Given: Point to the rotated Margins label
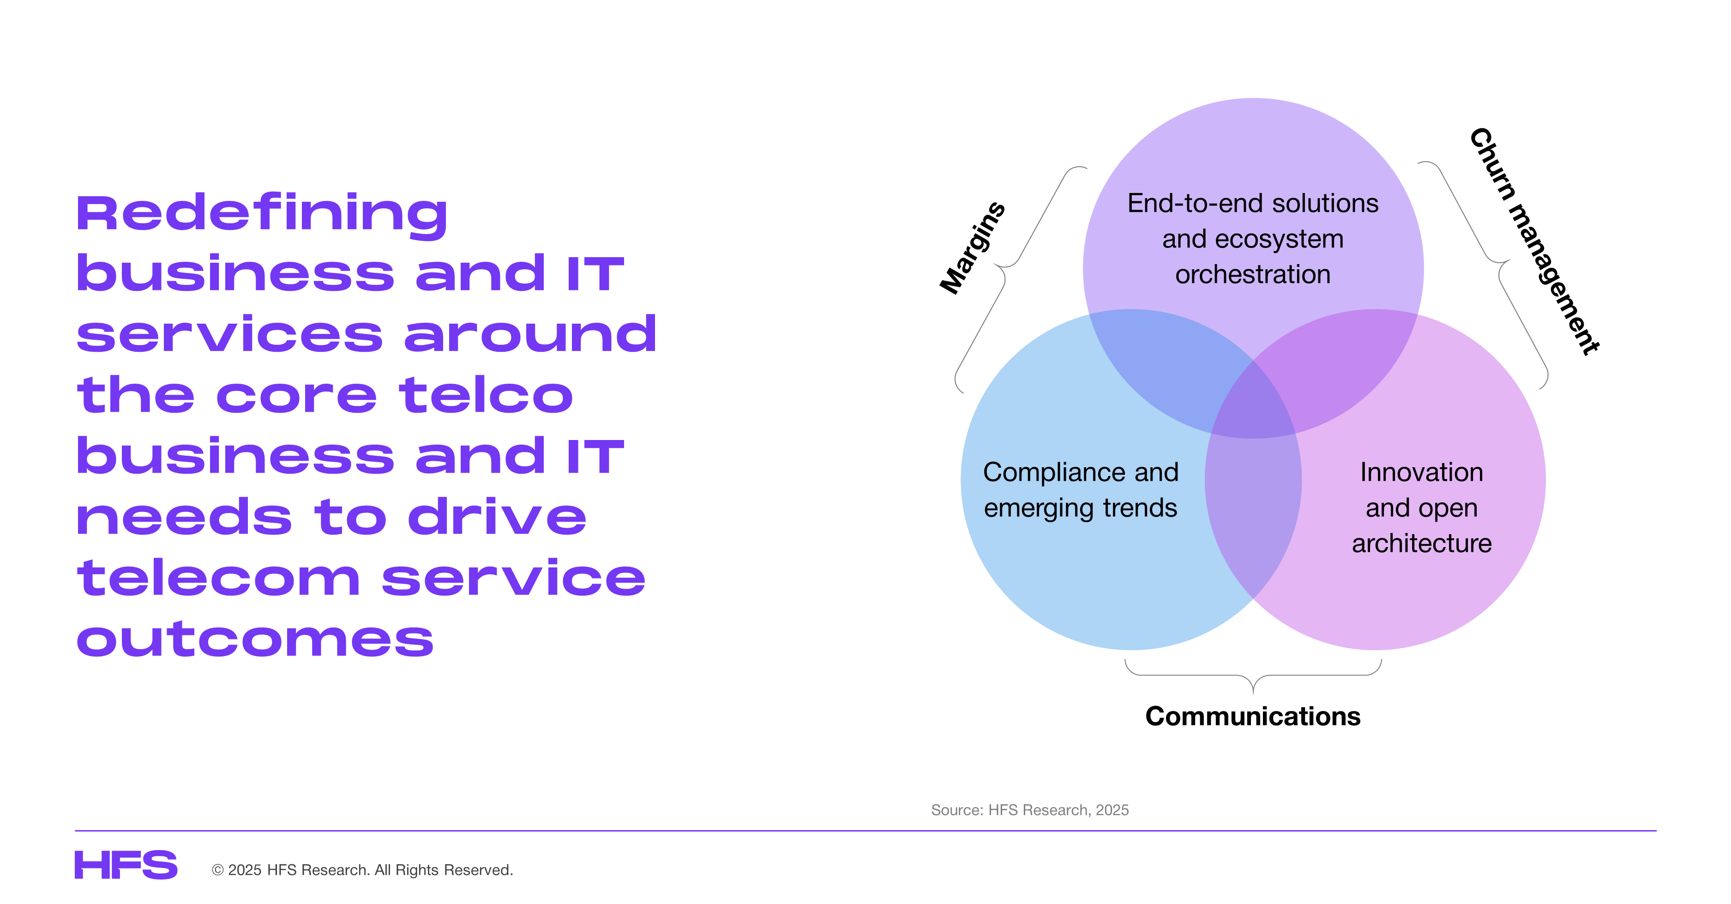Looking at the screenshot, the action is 972,248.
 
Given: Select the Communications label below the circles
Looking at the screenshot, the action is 1253,717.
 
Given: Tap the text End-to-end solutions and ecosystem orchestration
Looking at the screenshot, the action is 1253,239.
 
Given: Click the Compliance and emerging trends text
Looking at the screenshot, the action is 1081,490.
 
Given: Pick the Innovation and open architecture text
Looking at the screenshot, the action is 1421,507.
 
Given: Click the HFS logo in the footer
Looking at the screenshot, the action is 126,865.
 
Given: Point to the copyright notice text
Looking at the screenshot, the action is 362,870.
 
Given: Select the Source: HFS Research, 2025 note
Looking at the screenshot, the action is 1029,810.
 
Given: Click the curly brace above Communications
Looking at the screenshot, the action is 1253,676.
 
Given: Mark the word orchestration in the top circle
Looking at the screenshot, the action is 1253,274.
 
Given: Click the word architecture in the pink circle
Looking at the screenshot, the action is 1421,543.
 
